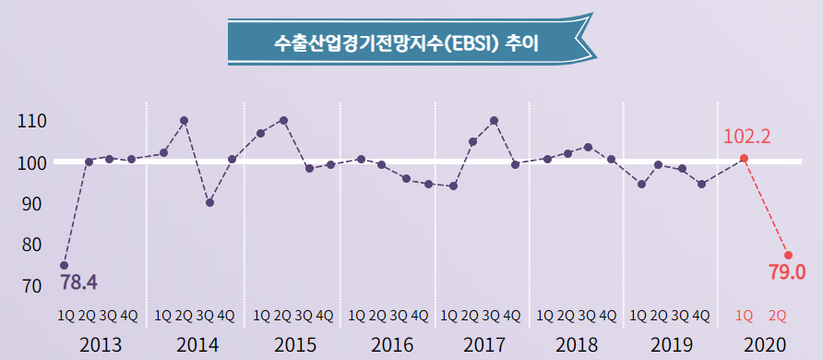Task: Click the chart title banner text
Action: click(x=407, y=42)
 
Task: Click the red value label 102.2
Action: click(x=746, y=137)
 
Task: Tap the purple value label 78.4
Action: click(x=78, y=280)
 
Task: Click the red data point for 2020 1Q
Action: click(x=744, y=159)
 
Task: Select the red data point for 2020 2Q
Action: click(x=788, y=255)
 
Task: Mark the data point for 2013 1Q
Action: click(x=64, y=266)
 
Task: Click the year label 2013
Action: click(x=101, y=345)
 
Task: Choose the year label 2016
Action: click(x=391, y=345)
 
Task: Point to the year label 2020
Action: click(x=766, y=345)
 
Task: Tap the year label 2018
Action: click(x=578, y=345)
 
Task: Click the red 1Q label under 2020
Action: click(x=744, y=316)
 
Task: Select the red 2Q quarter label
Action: click(x=777, y=316)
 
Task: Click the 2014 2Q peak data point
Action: click(x=185, y=120)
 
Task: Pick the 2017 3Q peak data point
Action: click(x=495, y=120)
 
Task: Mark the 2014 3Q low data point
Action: click(x=209, y=202)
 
